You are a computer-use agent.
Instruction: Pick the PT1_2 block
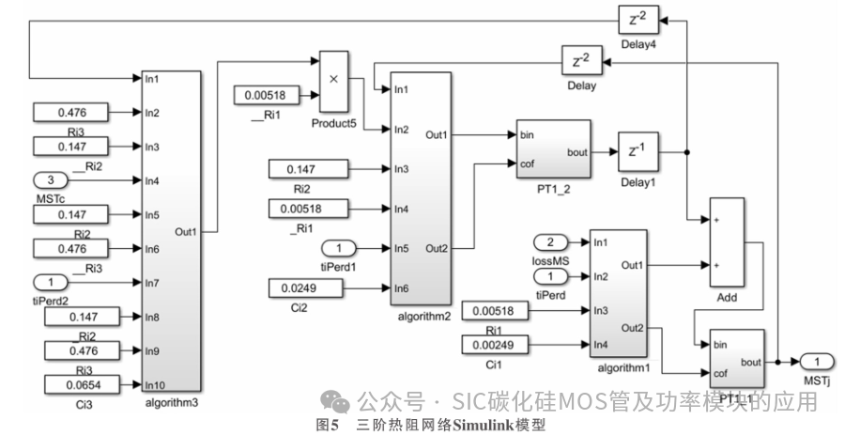coord(553,148)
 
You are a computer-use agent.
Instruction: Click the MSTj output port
coord(817,362)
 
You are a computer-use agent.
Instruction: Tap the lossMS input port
coord(550,242)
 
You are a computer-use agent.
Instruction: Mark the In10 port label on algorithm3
coord(154,385)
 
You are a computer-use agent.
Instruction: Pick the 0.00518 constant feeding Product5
coord(265,95)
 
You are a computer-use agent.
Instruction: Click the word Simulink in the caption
coord(483,425)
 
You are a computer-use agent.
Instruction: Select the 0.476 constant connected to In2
coord(71,113)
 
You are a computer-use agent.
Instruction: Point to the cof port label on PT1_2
coord(528,163)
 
